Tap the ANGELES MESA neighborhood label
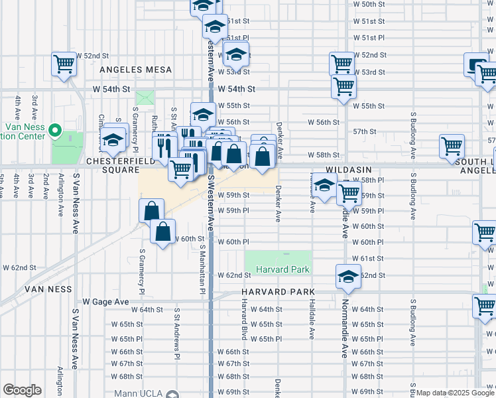pyautogui.click(x=136, y=70)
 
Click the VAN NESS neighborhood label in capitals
pyautogui.click(x=48, y=289)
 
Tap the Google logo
pyautogui.click(x=23, y=390)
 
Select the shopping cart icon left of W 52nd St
pyautogui.click(x=64, y=64)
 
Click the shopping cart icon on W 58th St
pyautogui.click(x=452, y=147)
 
